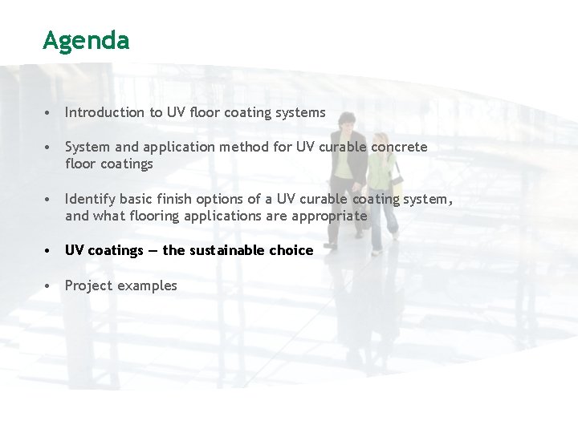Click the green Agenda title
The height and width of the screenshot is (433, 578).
[86, 41]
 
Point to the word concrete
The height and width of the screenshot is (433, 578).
[399, 147]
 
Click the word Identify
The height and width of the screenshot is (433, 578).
[90, 199]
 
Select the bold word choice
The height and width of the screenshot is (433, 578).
[291, 250]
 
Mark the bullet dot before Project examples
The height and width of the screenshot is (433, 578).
[50, 286]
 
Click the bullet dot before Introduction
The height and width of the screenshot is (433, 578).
[50, 113]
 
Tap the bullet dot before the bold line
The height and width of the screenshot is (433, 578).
[50, 251]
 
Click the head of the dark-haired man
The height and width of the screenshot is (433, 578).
[346, 123]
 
